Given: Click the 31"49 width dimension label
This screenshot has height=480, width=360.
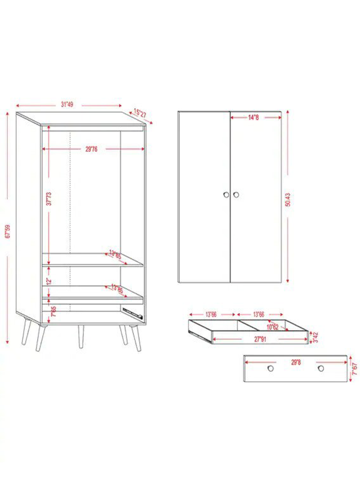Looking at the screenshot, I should click(67, 104).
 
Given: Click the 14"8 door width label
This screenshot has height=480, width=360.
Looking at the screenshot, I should click(254, 118).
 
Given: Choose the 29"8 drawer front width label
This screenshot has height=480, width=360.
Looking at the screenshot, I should click(295, 362).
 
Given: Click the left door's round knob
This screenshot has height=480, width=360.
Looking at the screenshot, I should click(226, 194).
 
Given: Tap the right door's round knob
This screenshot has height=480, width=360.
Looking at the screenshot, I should click(236, 194).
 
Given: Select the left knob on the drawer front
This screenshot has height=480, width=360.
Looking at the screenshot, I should click(270, 367).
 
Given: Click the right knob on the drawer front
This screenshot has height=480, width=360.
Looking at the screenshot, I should click(321, 367).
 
